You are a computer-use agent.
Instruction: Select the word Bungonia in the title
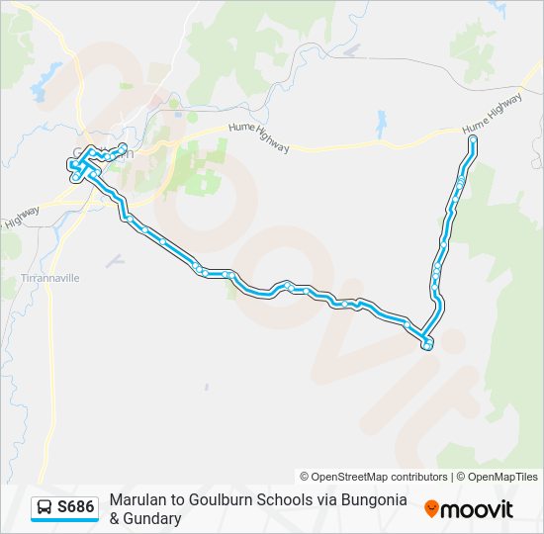tap(374, 500)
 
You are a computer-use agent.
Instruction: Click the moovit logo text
tap(478, 509)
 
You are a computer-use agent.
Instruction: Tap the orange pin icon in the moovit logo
tap(431, 509)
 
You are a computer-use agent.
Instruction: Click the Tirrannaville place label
tap(51, 279)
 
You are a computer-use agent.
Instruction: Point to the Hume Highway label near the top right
tap(493, 117)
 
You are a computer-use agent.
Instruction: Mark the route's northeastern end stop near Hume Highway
tap(473, 140)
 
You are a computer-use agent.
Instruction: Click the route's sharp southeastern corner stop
tap(427, 344)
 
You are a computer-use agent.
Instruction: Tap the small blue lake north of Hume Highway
tap(382, 124)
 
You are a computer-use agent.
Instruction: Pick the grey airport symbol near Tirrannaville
tap(115, 261)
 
